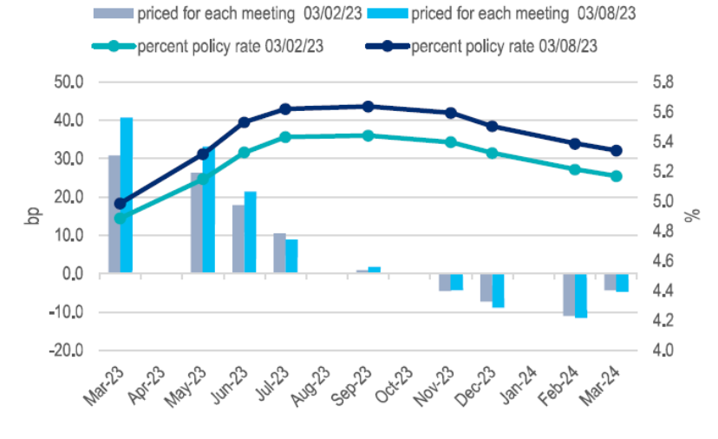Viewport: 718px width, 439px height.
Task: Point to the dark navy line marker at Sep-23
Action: pyautogui.click(x=368, y=107)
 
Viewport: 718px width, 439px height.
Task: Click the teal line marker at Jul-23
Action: pyautogui.click(x=284, y=137)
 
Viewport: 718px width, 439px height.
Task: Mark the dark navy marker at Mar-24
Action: pyautogui.click(x=617, y=150)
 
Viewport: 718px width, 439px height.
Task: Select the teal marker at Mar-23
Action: pyautogui.click(x=121, y=218)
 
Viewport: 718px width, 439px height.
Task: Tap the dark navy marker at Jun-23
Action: pyautogui.click(x=244, y=123)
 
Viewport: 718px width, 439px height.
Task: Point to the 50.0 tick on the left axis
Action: pyautogui.click(x=68, y=82)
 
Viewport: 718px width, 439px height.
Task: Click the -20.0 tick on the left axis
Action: pyautogui.click(x=66, y=351)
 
